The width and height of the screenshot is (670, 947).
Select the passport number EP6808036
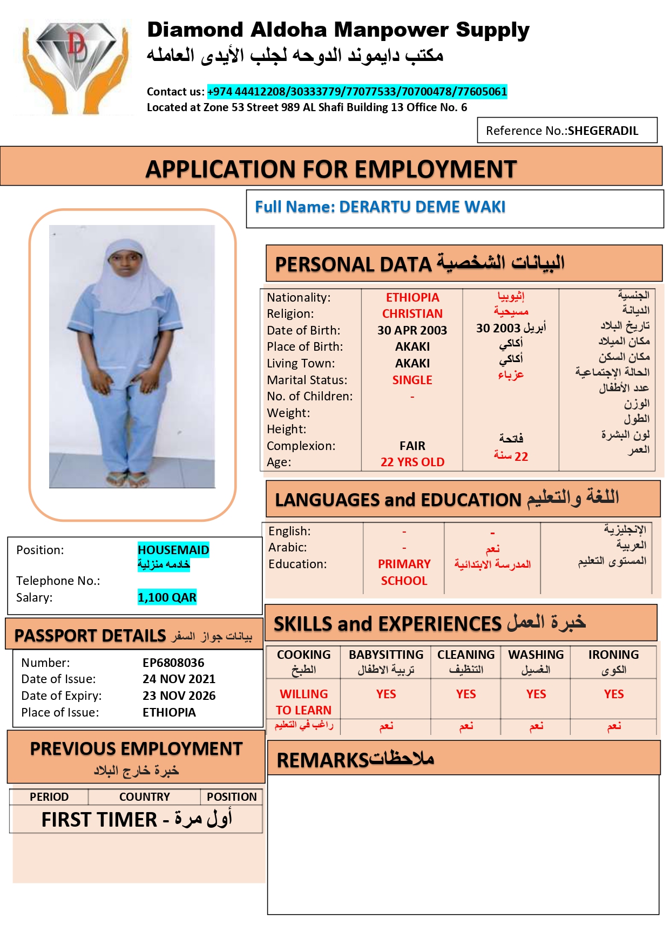pos(173,663)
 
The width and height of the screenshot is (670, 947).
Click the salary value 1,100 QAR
pos(167,597)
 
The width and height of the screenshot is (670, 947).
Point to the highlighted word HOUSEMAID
pos(173,550)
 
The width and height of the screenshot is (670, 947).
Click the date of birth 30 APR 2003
pos(412,330)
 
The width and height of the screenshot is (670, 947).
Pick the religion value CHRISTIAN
pos(412,314)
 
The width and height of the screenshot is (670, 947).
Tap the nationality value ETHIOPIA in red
pos(412,297)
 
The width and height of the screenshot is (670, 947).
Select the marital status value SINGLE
pos(412,380)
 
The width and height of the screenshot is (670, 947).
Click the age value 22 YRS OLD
pos(412,462)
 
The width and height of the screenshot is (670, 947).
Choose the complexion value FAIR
pos(412,446)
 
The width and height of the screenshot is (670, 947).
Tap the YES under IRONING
pos(613,694)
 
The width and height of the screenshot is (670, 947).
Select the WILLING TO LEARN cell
pos(303,702)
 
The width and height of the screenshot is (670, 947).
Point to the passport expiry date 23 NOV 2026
pos(179,696)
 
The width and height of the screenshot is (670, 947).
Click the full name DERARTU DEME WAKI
pos(422,207)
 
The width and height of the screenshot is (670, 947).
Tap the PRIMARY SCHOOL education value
pos(404,572)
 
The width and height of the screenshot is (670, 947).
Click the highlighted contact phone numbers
pos(357,92)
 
